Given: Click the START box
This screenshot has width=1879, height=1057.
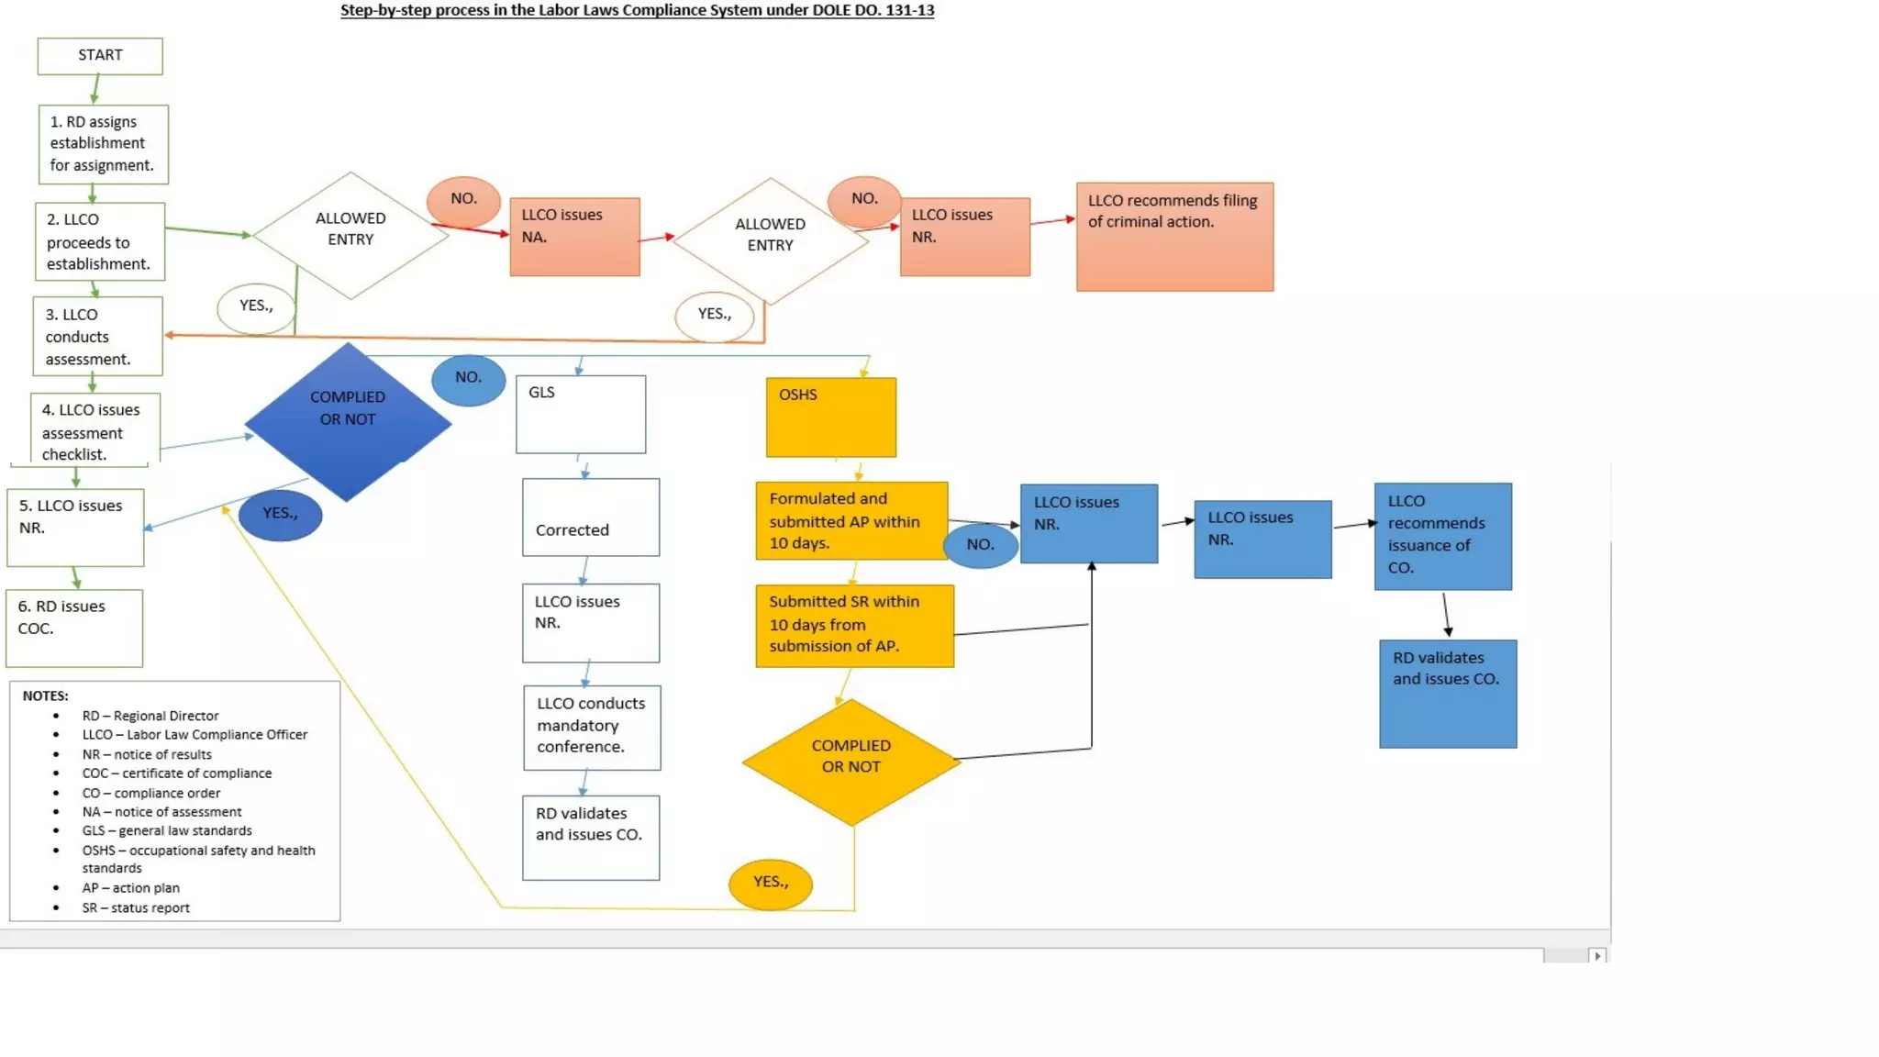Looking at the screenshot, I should [x=100, y=56].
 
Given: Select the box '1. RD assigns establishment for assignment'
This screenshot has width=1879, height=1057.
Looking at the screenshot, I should [x=103, y=144].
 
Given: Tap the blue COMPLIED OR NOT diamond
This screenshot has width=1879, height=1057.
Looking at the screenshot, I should [x=348, y=422].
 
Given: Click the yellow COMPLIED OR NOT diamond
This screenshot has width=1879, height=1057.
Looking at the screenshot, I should [x=851, y=762].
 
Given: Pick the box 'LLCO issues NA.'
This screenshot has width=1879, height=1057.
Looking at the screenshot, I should [x=574, y=237].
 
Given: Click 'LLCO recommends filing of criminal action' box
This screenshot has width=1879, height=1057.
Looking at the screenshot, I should [x=1174, y=237].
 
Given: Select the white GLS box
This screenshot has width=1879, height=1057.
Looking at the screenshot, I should [x=581, y=414].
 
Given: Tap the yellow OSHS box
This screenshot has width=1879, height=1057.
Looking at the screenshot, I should [x=830, y=417].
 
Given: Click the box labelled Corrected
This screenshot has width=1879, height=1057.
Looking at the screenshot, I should [x=590, y=517].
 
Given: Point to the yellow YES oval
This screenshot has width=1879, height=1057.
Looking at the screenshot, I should [x=770, y=884].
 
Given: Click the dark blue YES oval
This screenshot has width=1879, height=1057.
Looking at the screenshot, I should [x=280, y=515].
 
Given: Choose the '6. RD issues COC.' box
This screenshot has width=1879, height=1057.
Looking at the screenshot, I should [x=74, y=628].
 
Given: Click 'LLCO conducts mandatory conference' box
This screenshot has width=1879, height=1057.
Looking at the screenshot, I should [x=592, y=727].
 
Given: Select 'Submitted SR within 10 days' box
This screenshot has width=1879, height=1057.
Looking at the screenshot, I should [x=854, y=625].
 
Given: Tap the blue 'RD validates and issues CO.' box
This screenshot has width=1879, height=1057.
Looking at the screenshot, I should [x=1447, y=694].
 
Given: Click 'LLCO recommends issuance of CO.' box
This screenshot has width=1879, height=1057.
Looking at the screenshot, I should [x=1442, y=536].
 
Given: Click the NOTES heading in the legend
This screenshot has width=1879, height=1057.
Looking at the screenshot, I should [x=45, y=695].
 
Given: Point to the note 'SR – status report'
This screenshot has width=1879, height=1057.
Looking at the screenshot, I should [x=136, y=907].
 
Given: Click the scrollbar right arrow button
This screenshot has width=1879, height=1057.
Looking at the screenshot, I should [x=1597, y=955].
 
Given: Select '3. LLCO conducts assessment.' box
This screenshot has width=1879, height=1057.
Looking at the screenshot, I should [x=97, y=336].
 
